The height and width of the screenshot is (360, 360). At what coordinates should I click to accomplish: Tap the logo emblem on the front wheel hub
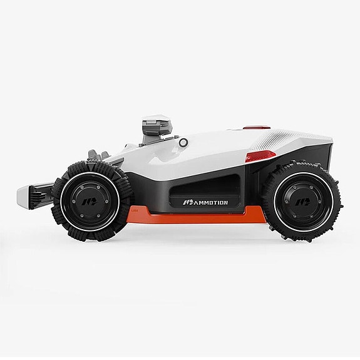(90, 202)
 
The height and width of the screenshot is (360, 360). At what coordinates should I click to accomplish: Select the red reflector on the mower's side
(260, 157)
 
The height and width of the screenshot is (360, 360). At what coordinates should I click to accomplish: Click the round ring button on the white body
(183, 143)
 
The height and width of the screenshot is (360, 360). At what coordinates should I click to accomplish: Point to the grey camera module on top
(157, 128)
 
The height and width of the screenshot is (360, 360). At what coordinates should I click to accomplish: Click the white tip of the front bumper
(23, 195)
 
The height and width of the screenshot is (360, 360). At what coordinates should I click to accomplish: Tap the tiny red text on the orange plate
(135, 210)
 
